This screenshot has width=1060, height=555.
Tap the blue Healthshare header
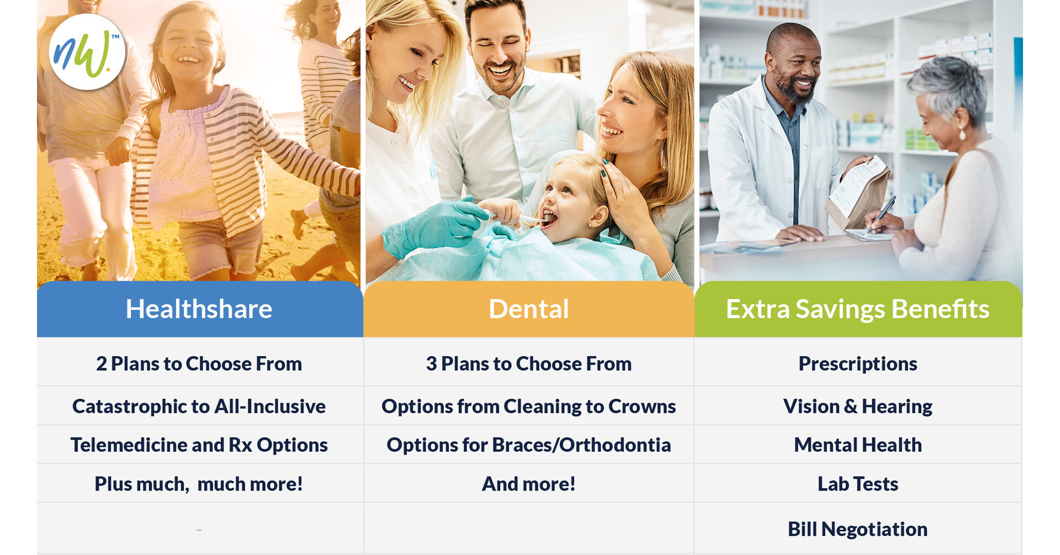click(199, 309)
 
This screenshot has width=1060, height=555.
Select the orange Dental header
click(528, 309)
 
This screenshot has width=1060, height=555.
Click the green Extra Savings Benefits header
click(857, 309)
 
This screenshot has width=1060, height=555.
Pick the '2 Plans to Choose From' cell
click(199, 363)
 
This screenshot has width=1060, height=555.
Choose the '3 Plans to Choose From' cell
click(528, 363)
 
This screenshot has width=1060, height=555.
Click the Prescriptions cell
click(857, 363)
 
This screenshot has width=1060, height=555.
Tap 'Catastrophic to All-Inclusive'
click(199, 406)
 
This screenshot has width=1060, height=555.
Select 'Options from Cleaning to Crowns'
click(528, 406)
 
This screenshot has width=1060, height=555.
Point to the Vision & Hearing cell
click(857, 406)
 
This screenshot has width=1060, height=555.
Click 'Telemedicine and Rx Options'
click(199, 445)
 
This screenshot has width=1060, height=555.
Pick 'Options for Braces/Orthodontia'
click(528, 445)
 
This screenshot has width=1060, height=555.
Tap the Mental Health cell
click(857, 445)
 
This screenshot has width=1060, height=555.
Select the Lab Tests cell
click(857, 484)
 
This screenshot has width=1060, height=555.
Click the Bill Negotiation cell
click(857, 529)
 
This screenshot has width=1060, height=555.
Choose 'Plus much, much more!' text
click(199, 484)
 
